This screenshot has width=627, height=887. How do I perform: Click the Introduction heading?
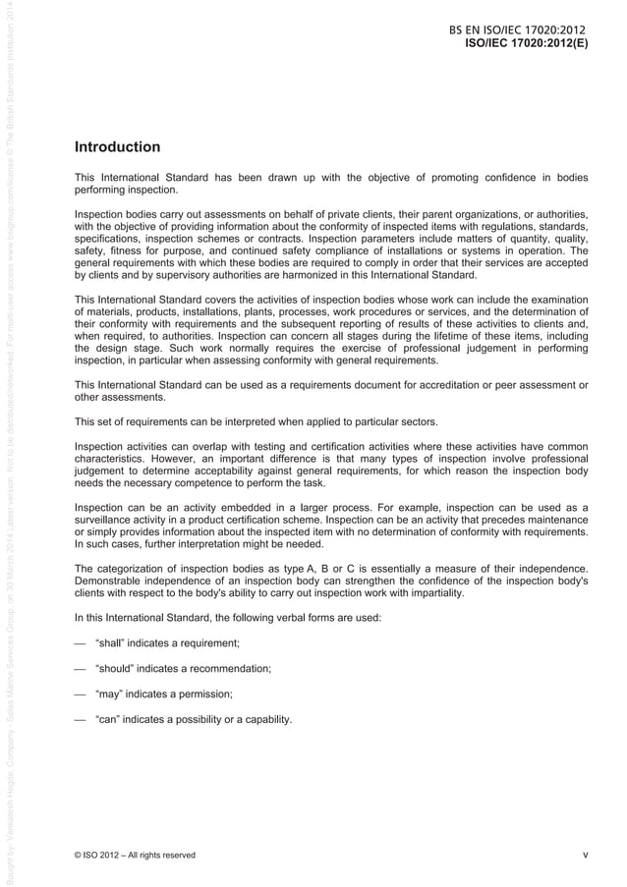(x=117, y=147)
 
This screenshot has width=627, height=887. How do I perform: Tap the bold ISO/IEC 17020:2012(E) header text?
(x=526, y=45)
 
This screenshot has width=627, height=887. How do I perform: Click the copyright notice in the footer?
(x=135, y=855)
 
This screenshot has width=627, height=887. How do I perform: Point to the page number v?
(x=585, y=855)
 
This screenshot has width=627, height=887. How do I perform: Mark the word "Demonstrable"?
(x=109, y=580)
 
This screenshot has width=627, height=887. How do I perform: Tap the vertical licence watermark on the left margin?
(x=10, y=442)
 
